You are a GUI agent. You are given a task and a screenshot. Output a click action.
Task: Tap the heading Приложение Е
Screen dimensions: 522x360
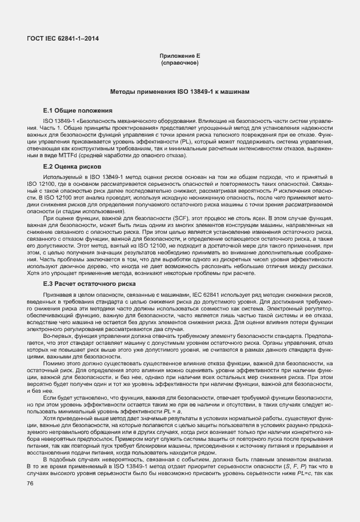(x=179, y=55)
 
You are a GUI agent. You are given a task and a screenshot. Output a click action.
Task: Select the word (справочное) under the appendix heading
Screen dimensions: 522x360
(x=179, y=62)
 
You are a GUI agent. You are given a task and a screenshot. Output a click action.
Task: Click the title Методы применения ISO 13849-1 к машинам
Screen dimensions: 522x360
(x=179, y=92)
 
